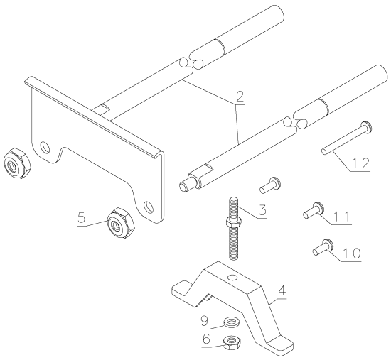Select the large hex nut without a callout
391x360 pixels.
pos(14,164)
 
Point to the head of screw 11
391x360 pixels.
pos(318,208)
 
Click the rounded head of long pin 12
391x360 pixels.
pos(365,126)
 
